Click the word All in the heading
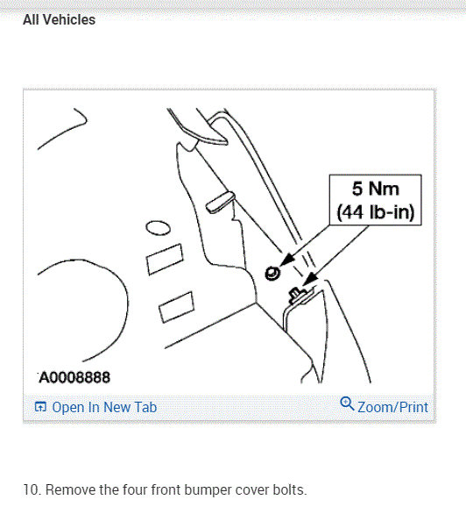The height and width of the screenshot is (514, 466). pyautogui.click(x=32, y=19)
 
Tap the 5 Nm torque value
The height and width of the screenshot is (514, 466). pyautogui.click(x=375, y=189)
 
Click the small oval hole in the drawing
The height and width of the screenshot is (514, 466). pyautogui.click(x=157, y=227)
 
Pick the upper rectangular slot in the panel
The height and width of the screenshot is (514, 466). pyautogui.click(x=162, y=260)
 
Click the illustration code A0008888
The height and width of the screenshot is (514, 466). pyautogui.click(x=74, y=378)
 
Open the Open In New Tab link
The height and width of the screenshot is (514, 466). pyautogui.click(x=104, y=407)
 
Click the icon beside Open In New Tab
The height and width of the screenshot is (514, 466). pyautogui.click(x=39, y=407)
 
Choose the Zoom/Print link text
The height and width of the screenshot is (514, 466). pyautogui.click(x=392, y=407)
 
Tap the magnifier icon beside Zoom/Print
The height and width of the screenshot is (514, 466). pyautogui.click(x=346, y=404)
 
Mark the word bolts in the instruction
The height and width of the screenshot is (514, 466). pyautogui.click(x=286, y=489)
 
